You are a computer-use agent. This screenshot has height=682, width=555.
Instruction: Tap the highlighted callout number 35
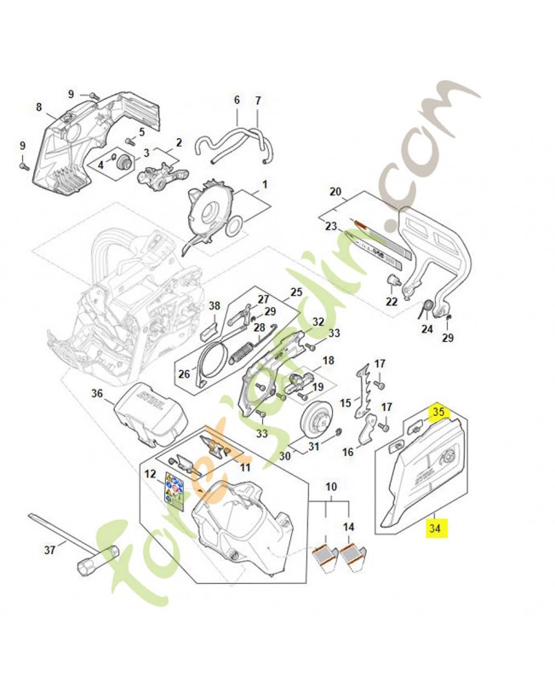(x=440, y=412)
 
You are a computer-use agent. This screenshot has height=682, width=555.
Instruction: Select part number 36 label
(x=97, y=393)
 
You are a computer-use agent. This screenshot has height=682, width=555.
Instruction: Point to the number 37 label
(x=49, y=550)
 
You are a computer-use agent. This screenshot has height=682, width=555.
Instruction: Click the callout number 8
(x=38, y=107)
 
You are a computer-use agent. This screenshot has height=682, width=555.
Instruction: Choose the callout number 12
(x=149, y=473)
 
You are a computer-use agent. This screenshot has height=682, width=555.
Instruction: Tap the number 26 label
(x=184, y=373)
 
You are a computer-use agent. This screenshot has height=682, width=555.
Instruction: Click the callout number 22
(x=391, y=301)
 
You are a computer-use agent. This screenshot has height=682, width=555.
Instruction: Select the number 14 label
(x=347, y=528)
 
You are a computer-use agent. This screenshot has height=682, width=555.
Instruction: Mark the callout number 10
(x=330, y=487)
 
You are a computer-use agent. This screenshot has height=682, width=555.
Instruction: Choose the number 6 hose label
(x=237, y=100)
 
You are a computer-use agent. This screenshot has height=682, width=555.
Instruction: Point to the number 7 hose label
(x=258, y=100)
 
